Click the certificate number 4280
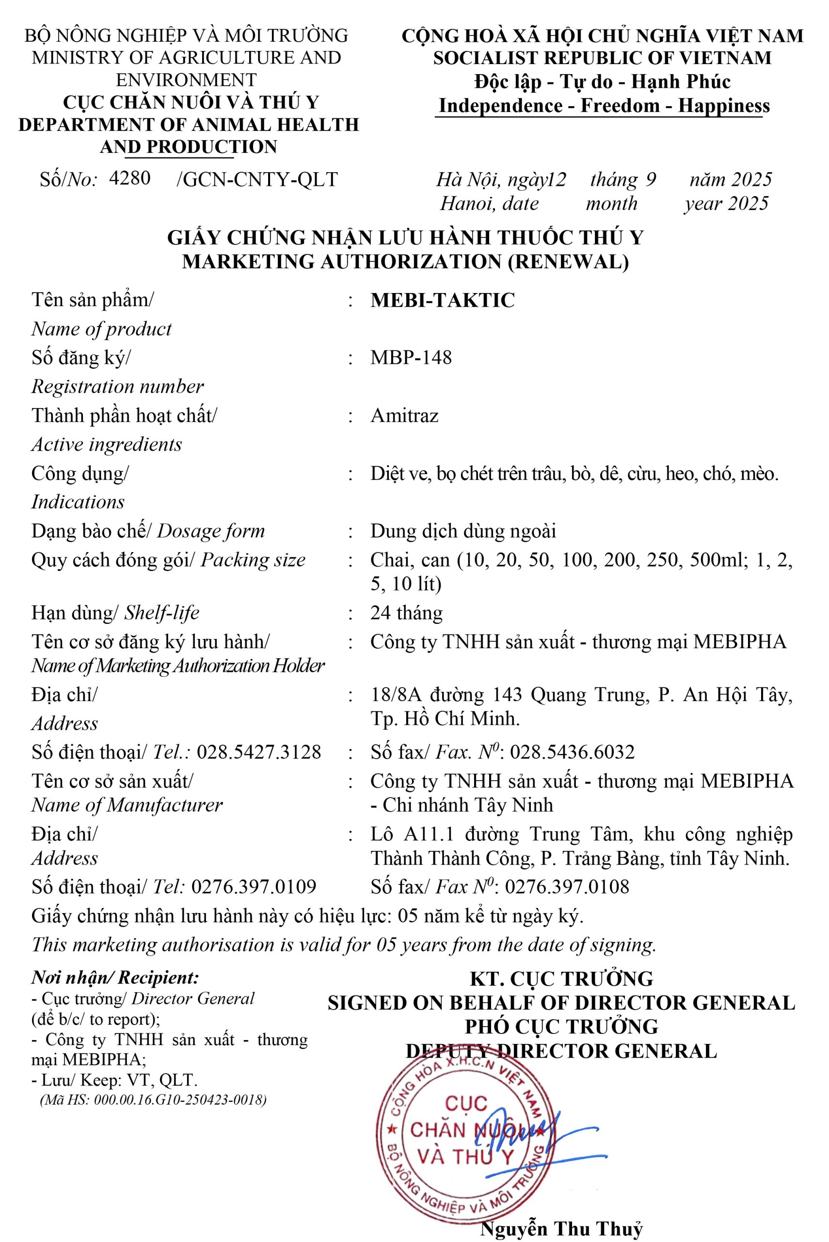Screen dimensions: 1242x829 coord(129,178)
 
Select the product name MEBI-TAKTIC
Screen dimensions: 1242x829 coord(443,300)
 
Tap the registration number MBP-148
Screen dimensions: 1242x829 coord(411,358)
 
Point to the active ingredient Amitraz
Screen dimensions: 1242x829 coord(404,416)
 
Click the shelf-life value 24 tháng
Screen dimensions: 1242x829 coord(406,613)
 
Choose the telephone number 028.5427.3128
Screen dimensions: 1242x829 coord(258,752)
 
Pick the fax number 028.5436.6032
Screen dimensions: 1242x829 coord(572,752)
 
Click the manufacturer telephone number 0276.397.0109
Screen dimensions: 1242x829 coord(254,886)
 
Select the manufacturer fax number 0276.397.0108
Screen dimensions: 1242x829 coord(567,886)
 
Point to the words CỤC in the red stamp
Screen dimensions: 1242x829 coord(466,1104)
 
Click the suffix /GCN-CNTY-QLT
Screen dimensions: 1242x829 coord(257,180)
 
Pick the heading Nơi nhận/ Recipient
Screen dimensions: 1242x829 coord(115,978)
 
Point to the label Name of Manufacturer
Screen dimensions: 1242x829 coord(127,805)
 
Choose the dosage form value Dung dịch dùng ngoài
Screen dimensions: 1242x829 coord(463,531)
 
